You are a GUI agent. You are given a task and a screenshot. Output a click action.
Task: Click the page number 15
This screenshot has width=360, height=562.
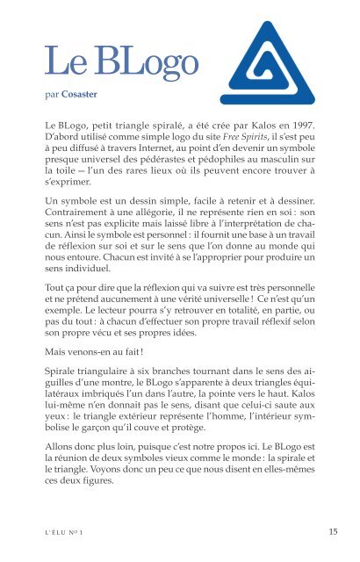pyautogui.click(x=334, y=530)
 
